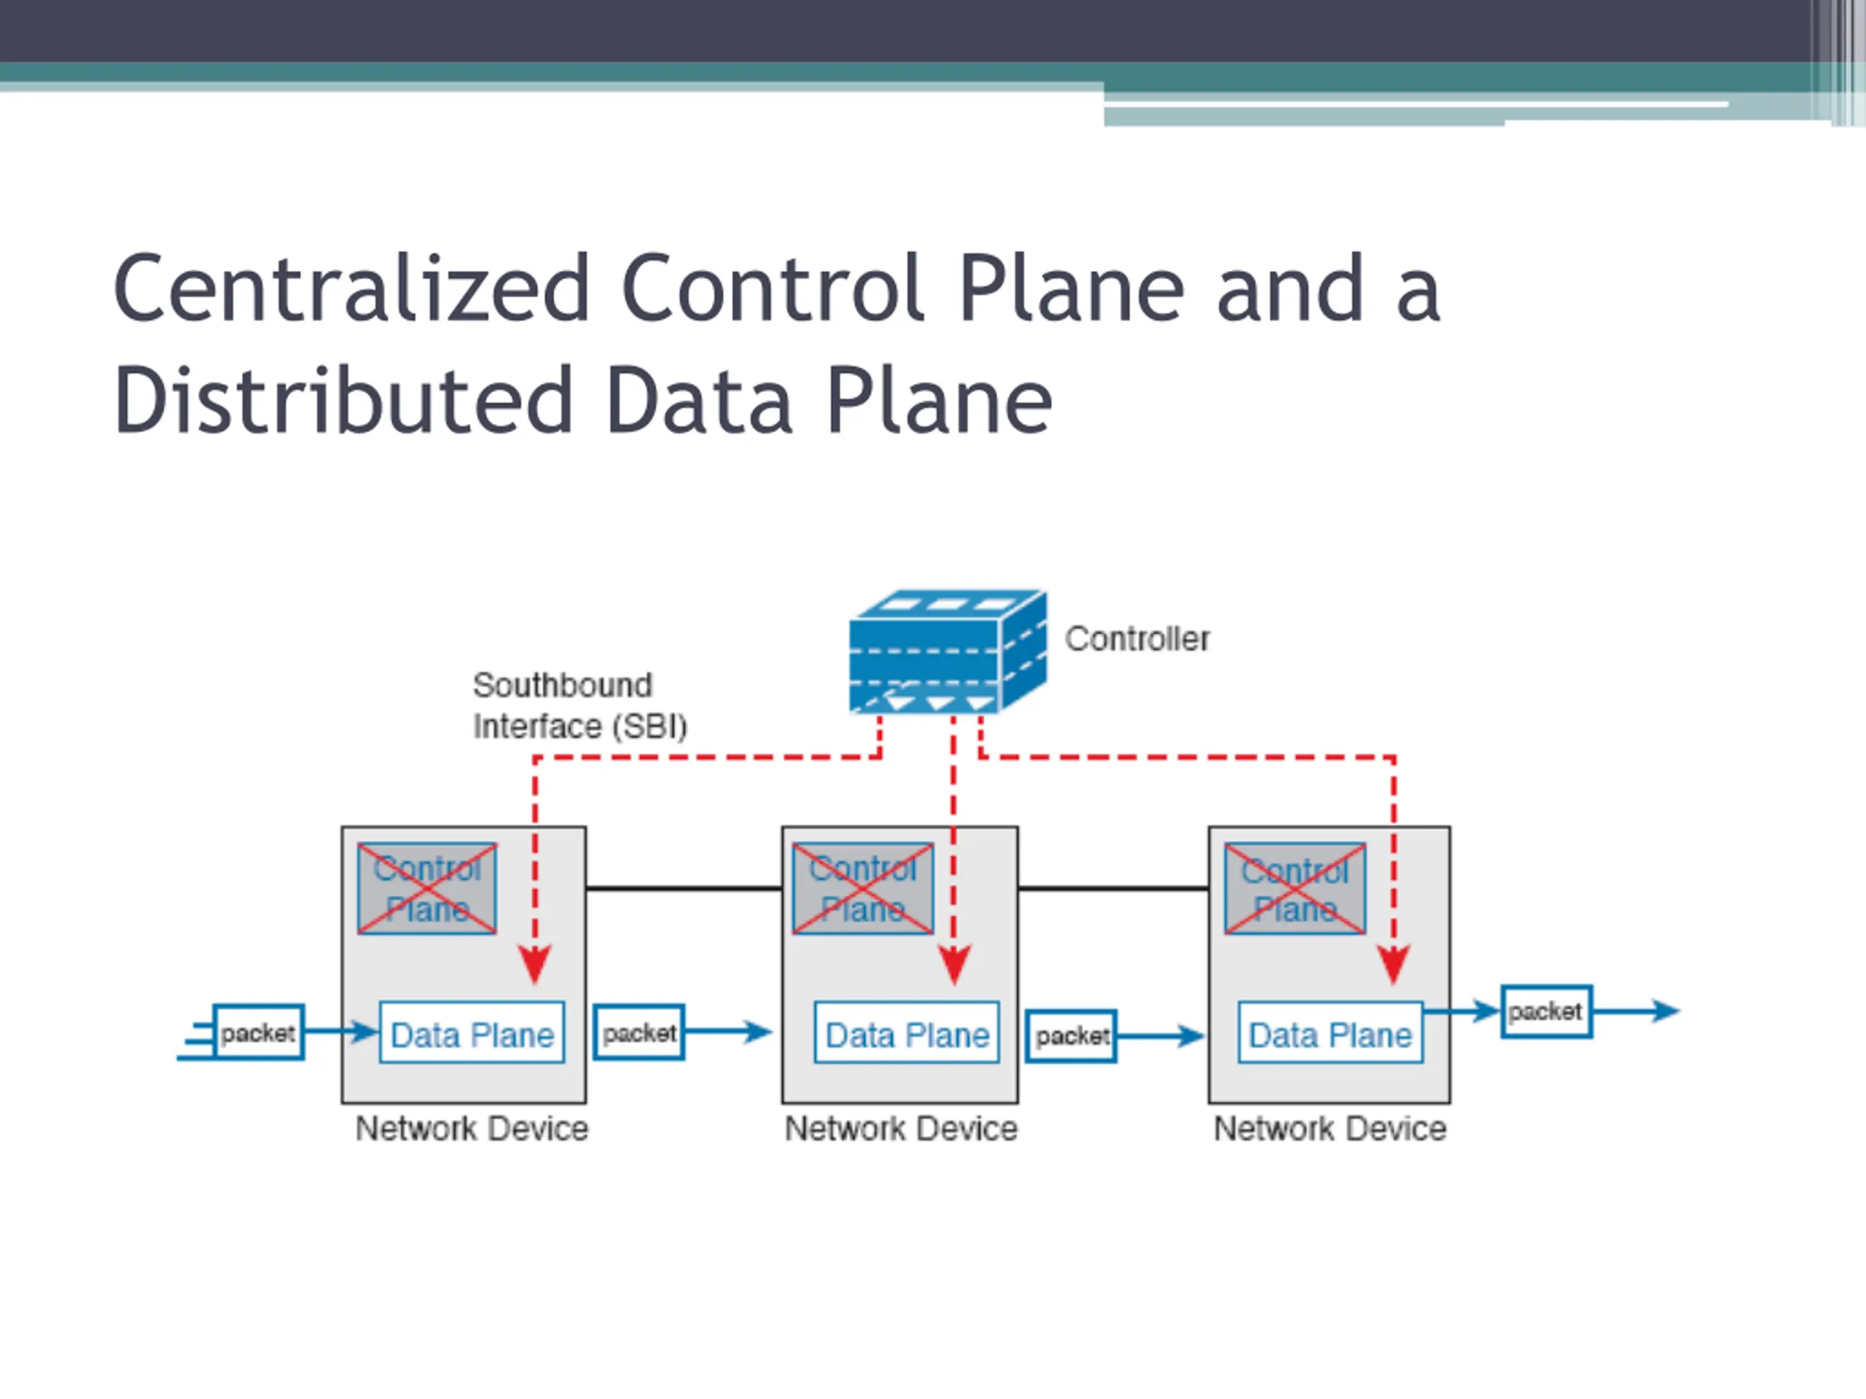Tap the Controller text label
tap(1136, 639)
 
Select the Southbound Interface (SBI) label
tap(579, 706)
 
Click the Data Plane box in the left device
tap(472, 1034)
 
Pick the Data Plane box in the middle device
tap(907, 1034)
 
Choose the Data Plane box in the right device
tap(1330, 1034)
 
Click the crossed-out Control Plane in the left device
tap(427, 889)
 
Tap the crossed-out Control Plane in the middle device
tap(862, 889)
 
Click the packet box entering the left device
tap(258, 1032)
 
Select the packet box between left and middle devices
tap(639, 1032)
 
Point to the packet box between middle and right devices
tap(1071, 1035)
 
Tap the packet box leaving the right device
tap(1546, 1011)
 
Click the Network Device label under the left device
tap(472, 1128)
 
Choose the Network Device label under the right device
tap(1330, 1128)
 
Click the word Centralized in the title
tap(351, 289)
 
